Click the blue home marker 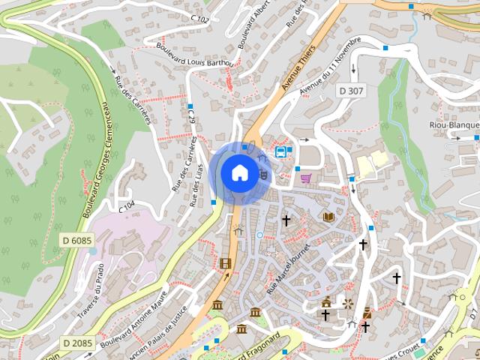tap(239, 172)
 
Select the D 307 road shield tap(350, 91)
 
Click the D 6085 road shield tap(76, 241)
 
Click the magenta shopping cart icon tap(306, 178)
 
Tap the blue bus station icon tap(281, 151)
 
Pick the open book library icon tap(328, 217)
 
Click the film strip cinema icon tap(226, 262)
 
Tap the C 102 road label tap(199, 16)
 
